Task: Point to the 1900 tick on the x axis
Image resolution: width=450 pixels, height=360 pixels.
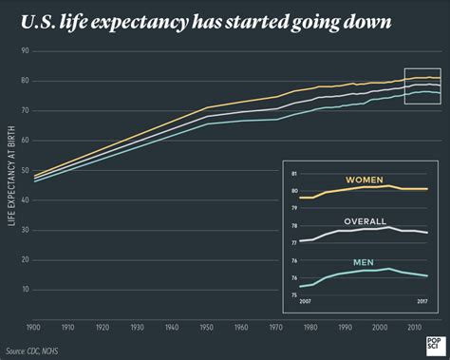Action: (x=34, y=328)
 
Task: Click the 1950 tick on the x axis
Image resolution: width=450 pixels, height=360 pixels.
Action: (x=206, y=328)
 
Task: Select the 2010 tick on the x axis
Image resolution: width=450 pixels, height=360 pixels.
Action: (x=414, y=328)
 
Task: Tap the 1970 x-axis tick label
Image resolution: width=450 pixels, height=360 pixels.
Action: (x=275, y=328)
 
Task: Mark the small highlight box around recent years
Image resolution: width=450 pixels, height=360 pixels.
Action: (x=422, y=85)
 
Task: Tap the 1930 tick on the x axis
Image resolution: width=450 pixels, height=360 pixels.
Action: (x=138, y=328)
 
